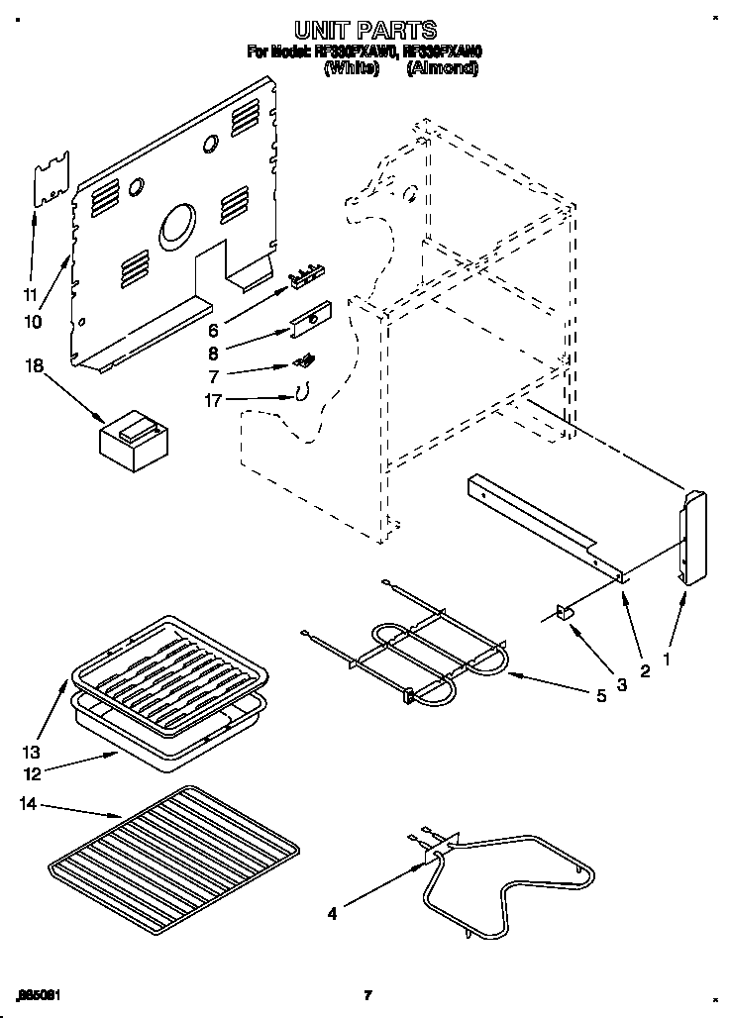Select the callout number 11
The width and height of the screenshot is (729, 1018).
[x=30, y=294]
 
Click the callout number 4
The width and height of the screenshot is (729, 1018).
[x=333, y=915]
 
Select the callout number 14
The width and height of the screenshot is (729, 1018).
[x=30, y=805]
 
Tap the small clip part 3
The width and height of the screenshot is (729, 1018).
[x=568, y=615]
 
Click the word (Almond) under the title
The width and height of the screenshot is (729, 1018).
[x=442, y=69]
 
